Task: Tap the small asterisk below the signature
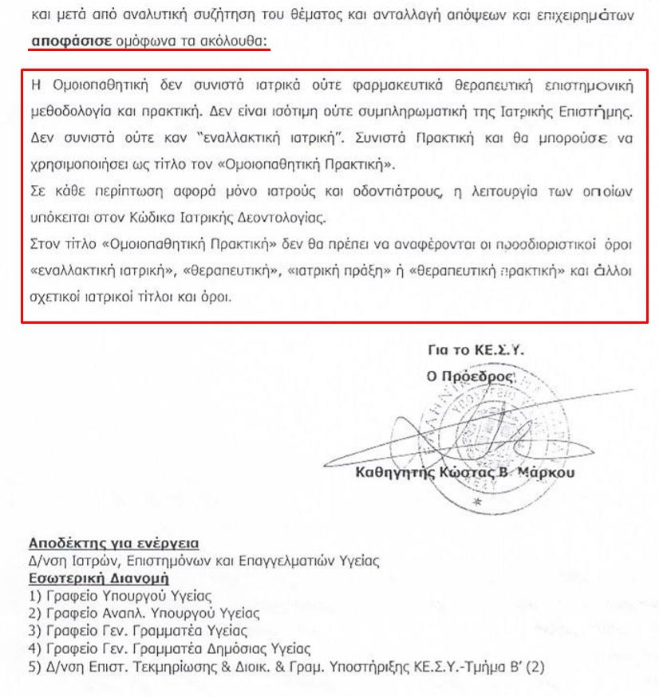[x=477, y=502]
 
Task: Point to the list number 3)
[x=34, y=630]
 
